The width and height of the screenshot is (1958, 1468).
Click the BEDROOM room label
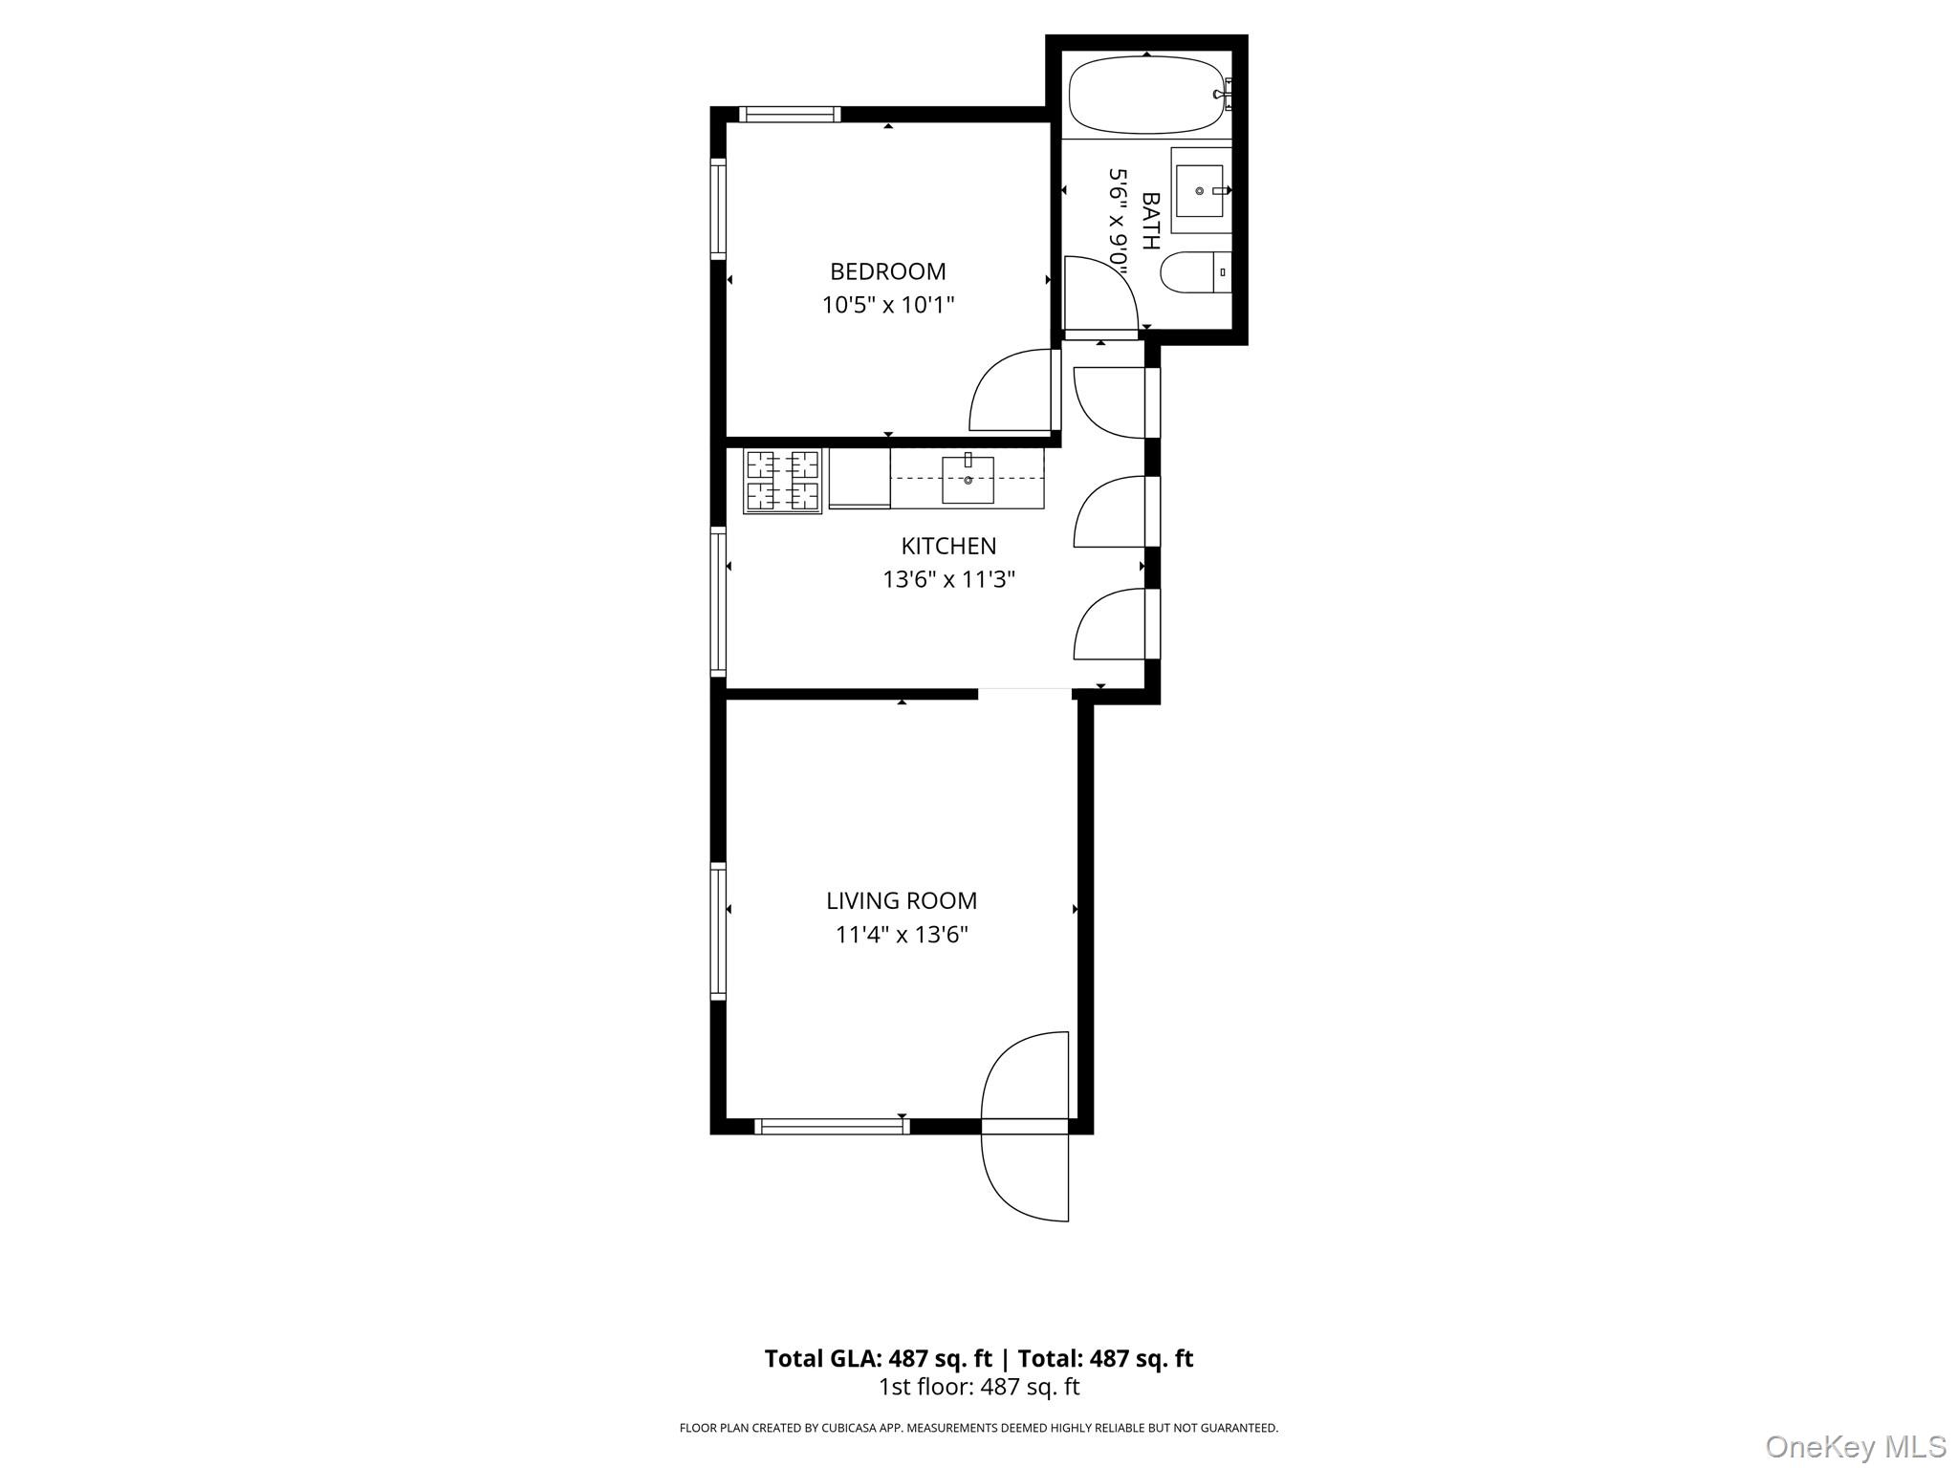coord(887,271)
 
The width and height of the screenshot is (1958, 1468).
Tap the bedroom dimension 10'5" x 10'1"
coord(888,305)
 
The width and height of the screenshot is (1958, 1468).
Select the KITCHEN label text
coord(948,546)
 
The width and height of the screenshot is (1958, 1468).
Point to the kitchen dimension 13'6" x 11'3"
coord(948,579)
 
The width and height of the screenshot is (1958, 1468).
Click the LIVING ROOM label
coord(902,900)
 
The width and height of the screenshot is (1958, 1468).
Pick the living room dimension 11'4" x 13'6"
coord(902,935)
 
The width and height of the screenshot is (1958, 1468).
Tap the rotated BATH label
coord(1150,221)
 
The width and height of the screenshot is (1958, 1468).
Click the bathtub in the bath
coord(1144,95)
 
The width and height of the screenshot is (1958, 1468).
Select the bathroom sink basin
coord(1199,190)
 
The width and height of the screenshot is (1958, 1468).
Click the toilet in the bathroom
coord(1195,272)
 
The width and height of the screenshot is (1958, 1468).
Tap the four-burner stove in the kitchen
coord(782,481)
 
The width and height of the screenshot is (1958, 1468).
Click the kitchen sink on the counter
coord(968,480)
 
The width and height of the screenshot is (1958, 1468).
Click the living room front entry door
coord(1023,1080)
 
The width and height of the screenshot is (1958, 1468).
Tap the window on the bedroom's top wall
coord(790,115)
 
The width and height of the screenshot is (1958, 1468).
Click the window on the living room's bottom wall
coord(832,1127)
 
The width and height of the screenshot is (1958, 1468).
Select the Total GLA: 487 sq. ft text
coord(878,1358)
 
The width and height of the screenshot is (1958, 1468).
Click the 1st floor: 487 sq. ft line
coord(978,1387)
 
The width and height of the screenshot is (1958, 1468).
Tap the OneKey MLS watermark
coord(1855,1446)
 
